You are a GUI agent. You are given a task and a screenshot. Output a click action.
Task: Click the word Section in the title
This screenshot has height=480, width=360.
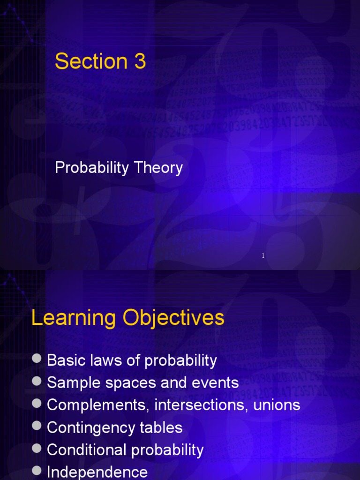pos(85,61)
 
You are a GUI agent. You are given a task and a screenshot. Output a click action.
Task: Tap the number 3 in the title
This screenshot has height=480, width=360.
pos(140,61)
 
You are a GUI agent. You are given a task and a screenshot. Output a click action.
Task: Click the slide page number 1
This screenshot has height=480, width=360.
pos(263,255)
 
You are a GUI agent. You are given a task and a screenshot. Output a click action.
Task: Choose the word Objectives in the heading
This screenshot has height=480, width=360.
pos(173,318)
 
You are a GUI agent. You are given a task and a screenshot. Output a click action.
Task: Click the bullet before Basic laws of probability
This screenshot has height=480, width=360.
pos(37,359)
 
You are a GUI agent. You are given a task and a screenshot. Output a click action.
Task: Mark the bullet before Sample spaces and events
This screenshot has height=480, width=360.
pos(37,381)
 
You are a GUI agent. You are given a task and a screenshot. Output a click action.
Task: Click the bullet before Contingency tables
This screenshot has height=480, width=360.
pos(37,426)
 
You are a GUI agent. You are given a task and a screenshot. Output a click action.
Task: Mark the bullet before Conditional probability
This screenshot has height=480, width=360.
pos(37,449)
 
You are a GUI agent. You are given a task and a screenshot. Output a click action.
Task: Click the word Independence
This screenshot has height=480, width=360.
pos(97,472)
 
